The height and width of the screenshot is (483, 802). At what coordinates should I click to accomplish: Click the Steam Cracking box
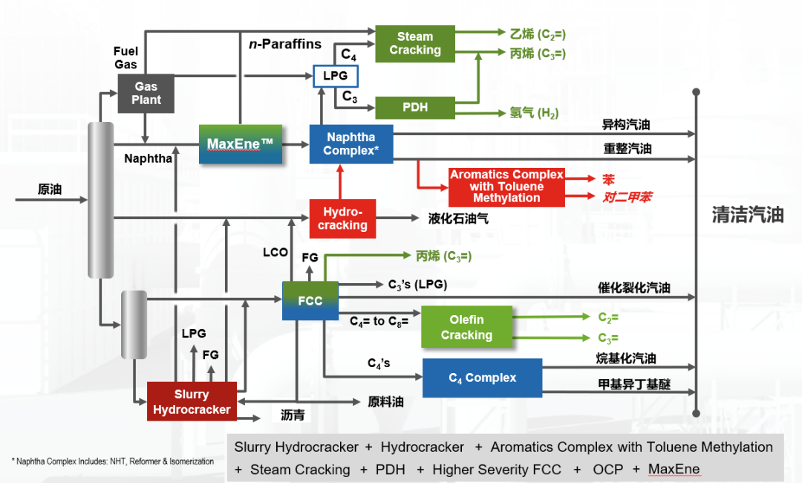pos(414,43)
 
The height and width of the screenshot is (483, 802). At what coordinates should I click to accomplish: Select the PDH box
pos(414,107)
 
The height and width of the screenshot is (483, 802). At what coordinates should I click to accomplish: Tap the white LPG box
pos(335,76)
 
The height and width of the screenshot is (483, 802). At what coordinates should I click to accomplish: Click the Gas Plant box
pos(146,94)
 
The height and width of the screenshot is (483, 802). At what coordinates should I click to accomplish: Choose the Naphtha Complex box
pos(351,144)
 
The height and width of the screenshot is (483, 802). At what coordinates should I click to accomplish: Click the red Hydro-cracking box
pos(342,218)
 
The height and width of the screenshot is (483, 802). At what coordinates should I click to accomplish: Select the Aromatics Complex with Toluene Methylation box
pos(506,187)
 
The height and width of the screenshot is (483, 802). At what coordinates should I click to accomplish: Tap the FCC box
pos(310,301)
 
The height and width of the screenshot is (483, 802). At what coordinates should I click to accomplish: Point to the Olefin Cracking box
pos(466,327)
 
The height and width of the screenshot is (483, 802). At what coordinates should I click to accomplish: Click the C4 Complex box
pos(482,377)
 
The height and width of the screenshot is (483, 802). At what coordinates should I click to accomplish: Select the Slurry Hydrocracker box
pos(192,402)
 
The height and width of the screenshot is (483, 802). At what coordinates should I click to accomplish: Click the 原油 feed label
pos(50,189)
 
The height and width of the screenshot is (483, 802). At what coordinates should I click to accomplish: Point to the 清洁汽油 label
pos(747,215)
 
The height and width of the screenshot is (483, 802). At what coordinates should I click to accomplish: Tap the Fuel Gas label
pos(125,58)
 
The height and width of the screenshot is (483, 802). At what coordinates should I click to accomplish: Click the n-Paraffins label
pos(285,44)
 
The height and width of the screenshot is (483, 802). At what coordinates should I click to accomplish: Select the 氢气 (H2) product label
pos(534,113)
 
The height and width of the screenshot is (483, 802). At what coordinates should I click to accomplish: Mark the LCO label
pos(276,253)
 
